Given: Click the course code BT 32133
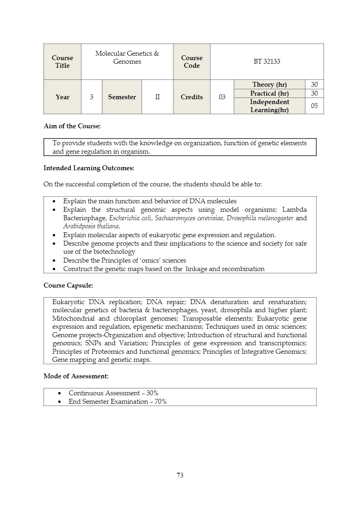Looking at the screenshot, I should click(266, 62).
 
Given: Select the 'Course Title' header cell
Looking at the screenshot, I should click(62, 62).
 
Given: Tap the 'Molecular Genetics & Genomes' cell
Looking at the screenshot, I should click(127, 58).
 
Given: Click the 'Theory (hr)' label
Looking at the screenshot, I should click(269, 84).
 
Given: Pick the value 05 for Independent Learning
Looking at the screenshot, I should click(314, 106).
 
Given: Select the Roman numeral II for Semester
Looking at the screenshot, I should click(157, 97).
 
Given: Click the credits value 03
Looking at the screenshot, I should click(222, 97).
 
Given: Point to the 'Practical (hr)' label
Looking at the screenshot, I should click(269, 93).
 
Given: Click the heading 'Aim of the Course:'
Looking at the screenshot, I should click(72, 126).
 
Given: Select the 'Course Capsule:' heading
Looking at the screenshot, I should click(68, 285).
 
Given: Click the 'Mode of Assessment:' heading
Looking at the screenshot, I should click(76, 376).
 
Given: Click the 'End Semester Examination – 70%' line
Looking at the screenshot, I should click(117, 401).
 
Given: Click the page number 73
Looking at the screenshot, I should click(180, 475).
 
